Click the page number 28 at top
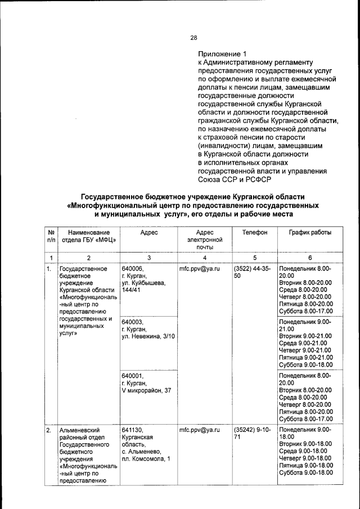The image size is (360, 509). click(193, 38)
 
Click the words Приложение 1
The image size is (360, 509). click(223, 54)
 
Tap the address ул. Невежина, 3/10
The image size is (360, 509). click(148, 336)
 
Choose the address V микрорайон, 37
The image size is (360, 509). click(146, 390)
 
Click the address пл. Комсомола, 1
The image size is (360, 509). click(146, 460)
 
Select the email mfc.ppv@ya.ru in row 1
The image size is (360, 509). click(199, 268)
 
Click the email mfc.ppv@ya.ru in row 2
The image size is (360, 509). click(199, 430)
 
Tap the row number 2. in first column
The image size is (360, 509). click(49, 430)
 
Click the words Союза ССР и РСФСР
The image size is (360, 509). click(234, 180)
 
